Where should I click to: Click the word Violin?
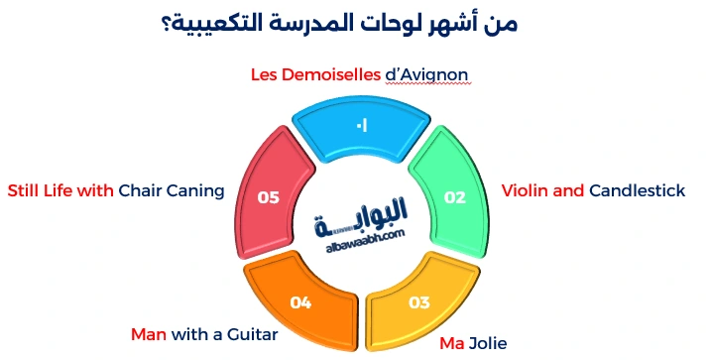[527, 189]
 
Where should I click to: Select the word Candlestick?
[637, 189]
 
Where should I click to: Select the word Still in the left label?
[27, 190]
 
